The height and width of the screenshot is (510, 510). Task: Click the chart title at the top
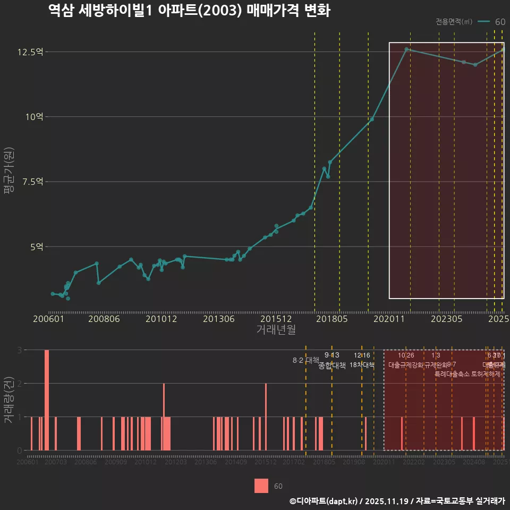pos(189,11)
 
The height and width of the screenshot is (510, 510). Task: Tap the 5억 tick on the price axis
pos(36,246)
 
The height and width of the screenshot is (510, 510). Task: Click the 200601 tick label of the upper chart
pos(49,319)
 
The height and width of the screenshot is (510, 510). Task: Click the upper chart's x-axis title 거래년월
pos(276,329)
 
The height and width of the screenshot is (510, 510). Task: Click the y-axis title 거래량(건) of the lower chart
pos(8,400)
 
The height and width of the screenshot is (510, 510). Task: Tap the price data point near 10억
pos(372,119)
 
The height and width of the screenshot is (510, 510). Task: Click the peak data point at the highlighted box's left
pos(406,49)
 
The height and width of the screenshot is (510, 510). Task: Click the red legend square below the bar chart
pos(261,486)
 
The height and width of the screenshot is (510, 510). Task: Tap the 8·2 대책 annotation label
pos(302,360)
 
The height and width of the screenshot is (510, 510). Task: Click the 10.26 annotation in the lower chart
pos(406,355)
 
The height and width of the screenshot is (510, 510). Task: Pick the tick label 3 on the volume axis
pos(19,350)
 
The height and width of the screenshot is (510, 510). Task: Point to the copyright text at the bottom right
pos(397,500)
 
